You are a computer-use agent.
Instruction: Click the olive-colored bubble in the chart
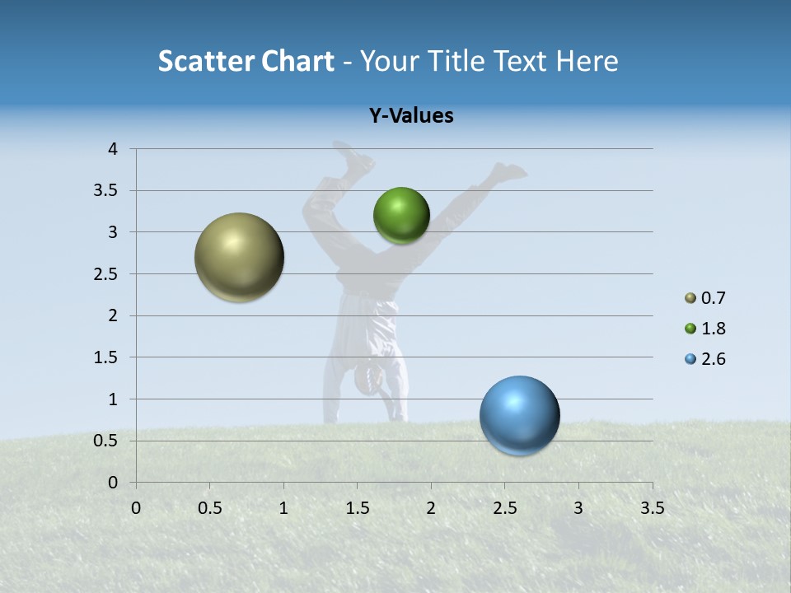click(x=240, y=257)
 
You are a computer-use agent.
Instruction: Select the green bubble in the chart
click(x=401, y=215)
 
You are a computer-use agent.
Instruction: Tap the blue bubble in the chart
click(x=520, y=415)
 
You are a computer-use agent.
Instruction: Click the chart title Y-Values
click(x=411, y=116)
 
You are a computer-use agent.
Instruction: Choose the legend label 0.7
click(x=714, y=298)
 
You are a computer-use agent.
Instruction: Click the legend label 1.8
click(x=714, y=329)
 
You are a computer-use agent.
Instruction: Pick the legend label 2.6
click(x=714, y=359)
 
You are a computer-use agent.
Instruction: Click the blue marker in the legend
click(x=690, y=359)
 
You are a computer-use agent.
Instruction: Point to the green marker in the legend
click(x=690, y=329)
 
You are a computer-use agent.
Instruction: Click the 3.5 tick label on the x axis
click(x=652, y=508)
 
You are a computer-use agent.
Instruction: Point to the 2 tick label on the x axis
click(x=431, y=508)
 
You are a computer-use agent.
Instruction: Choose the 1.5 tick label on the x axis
click(x=357, y=508)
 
